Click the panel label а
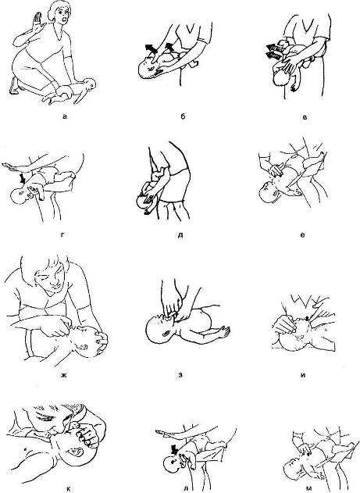point(65,117)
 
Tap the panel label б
point(184,116)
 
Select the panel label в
point(305,117)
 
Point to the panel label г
point(63,234)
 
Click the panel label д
point(180,234)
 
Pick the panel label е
point(302,234)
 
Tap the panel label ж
point(63,375)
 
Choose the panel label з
point(180,375)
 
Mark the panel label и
point(303,375)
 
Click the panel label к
point(69,489)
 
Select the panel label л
point(186,489)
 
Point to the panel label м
point(308,489)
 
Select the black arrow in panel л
point(173,448)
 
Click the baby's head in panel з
point(159,330)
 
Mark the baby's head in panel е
point(269,192)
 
